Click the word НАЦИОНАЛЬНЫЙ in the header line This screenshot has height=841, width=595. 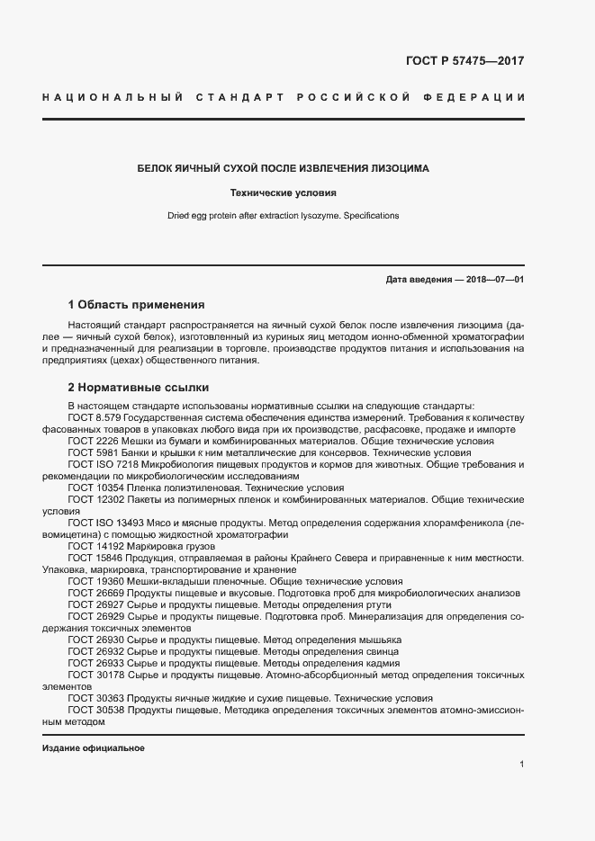113,97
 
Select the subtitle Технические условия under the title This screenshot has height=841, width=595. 283,192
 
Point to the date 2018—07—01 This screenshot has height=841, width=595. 491,280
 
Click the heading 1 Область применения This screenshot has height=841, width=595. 137,305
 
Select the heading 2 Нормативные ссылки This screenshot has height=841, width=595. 139,388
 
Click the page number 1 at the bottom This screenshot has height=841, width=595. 521,765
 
